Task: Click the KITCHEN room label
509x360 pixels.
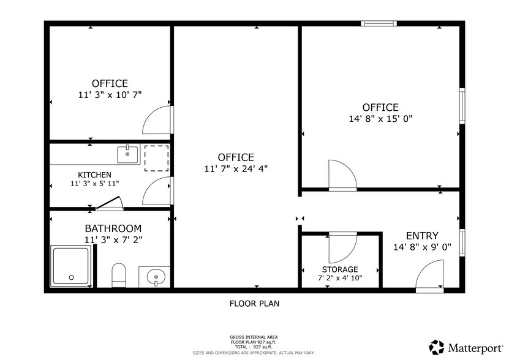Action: [x=94, y=174]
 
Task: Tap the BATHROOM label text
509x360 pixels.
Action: [x=113, y=228]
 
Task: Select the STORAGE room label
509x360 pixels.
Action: [x=340, y=269]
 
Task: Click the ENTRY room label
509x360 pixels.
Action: [x=422, y=236]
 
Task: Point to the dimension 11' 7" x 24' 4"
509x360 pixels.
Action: [x=236, y=168]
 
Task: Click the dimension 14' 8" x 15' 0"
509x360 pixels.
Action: [x=380, y=119]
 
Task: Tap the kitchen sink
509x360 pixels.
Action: [x=127, y=154]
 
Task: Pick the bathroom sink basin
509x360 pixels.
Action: [x=156, y=277]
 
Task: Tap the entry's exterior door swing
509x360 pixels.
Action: [x=431, y=276]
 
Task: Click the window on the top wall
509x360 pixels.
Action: [x=378, y=23]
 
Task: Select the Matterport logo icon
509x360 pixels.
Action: [x=436, y=347]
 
